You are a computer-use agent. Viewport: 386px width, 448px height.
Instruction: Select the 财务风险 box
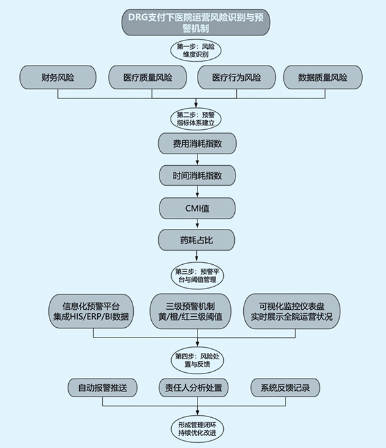58,78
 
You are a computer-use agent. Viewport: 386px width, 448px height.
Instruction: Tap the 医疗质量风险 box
147,78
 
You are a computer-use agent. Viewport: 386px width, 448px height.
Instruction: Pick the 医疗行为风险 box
237,78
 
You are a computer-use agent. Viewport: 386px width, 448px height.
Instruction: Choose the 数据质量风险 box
323,78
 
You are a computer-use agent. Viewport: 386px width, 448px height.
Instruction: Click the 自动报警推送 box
103,388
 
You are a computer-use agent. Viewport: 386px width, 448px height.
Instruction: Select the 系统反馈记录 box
285,388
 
